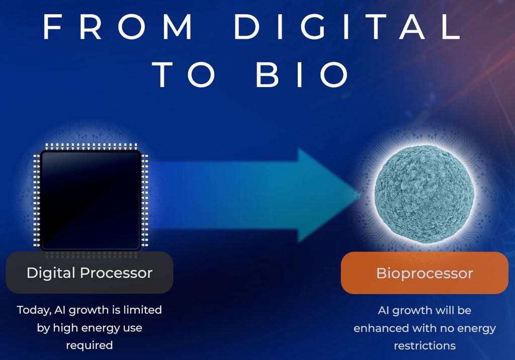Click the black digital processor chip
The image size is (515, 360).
91,200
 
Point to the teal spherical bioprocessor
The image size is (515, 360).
424,191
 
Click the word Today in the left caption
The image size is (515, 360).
33,310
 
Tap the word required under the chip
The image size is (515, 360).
90,345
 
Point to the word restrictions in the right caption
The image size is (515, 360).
424,346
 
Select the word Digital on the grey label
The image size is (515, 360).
51,273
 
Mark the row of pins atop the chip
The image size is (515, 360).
91,146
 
